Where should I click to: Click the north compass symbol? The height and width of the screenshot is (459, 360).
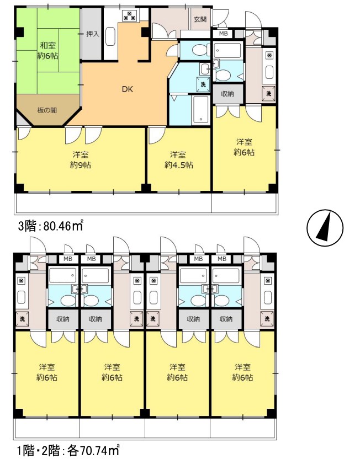tap(325, 227)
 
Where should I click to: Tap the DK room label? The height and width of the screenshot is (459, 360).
tap(128, 89)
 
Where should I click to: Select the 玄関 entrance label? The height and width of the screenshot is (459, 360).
tap(200, 19)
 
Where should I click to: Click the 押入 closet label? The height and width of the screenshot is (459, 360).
tap(93, 34)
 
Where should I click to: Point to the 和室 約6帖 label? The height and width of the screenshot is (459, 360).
tap(47, 50)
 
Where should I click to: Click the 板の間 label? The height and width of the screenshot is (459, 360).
tap(47, 110)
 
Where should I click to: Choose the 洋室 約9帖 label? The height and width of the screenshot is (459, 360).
tap(81, 160)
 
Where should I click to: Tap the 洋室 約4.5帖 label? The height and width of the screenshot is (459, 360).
tap(178, 160)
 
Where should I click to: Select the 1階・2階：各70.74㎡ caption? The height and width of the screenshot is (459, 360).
tap(68, 450)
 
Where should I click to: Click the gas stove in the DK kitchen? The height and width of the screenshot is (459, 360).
tap(129, 15)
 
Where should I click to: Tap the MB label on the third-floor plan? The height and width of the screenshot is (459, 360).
tap(224, 34)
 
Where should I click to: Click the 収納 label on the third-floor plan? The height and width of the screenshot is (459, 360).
tap(227, 94)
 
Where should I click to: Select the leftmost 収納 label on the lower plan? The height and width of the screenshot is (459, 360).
tap(63, 319)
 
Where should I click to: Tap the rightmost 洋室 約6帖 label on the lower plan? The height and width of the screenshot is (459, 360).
tap(242, 372)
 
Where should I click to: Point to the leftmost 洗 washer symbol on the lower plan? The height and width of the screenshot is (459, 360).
tap(22, 319)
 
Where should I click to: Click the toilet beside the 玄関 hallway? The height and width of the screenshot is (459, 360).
tap(200, 50)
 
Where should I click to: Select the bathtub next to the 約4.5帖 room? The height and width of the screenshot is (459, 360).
tap(201, 109)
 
